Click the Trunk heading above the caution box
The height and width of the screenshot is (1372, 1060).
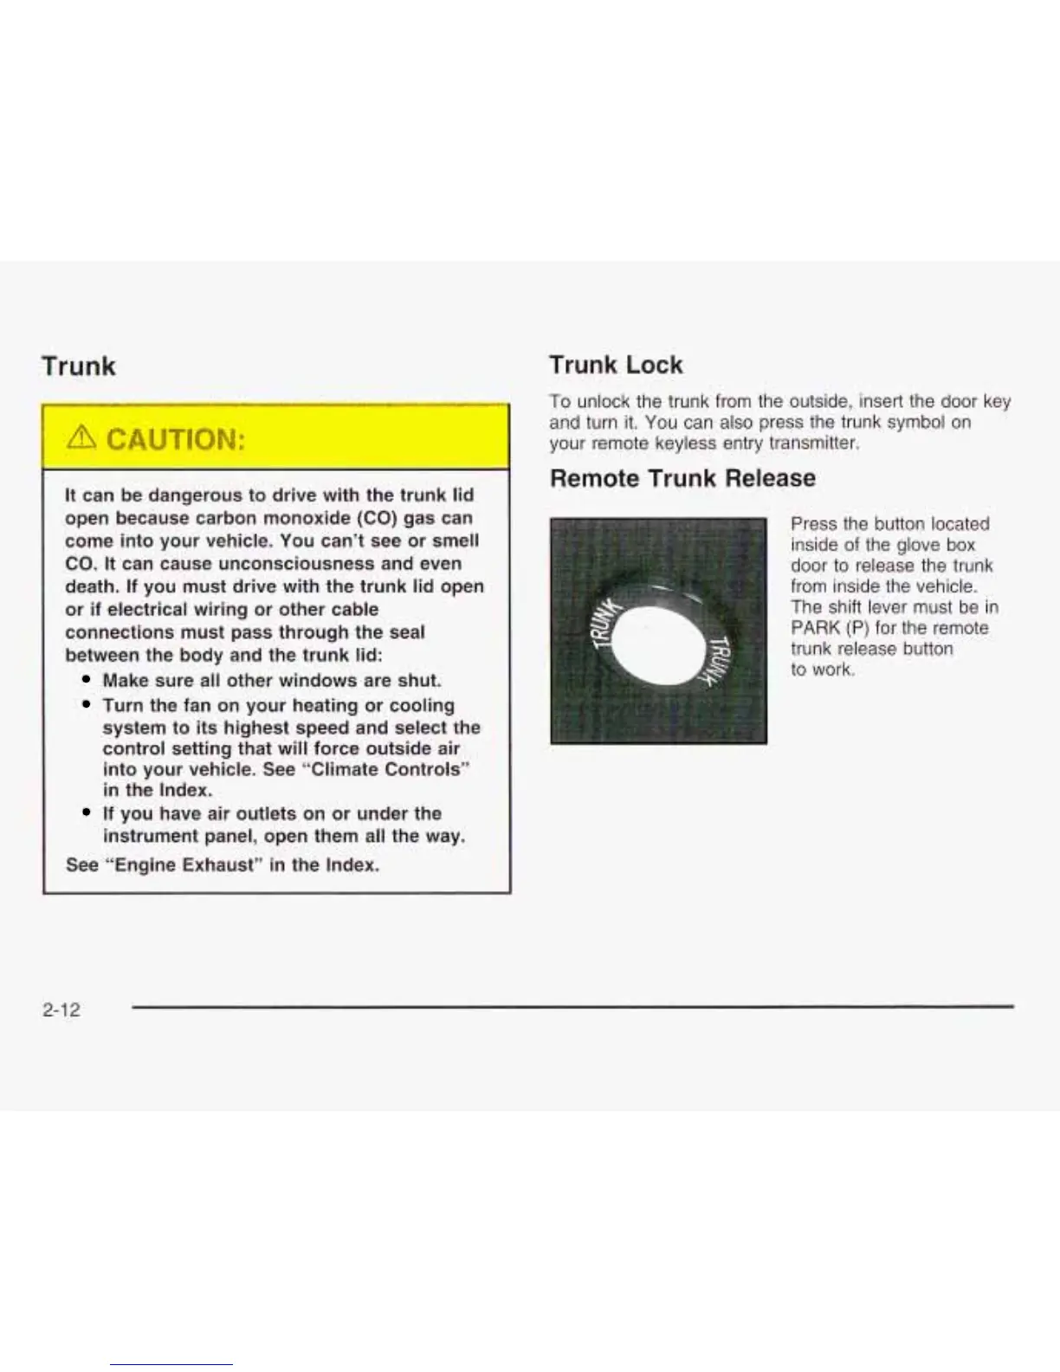click(78, 366)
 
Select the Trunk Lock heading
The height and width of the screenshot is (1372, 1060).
click(616, 365)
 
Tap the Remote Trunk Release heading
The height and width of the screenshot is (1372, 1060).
click(682, 478)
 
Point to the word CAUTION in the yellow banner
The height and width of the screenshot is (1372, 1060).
click(175, 440)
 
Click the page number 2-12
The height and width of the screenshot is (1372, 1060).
click(61, 1009)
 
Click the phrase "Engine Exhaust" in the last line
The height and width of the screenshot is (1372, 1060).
click(182, 864)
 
